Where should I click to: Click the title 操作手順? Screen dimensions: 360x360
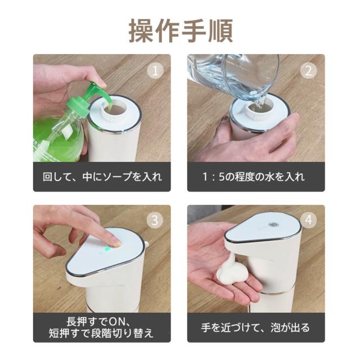coord(181,30)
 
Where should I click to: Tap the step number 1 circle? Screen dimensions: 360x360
coord(155,70)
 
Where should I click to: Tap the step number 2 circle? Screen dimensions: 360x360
coord(309,70)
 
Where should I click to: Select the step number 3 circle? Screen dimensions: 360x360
coord(155,220)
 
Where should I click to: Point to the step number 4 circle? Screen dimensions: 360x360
coord(309,220)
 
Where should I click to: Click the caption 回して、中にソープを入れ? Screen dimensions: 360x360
coord(102,177)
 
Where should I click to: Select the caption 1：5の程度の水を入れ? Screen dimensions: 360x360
coord(254,177)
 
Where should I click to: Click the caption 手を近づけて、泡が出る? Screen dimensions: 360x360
coord(255,327)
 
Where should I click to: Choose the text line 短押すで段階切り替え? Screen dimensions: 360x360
coord(101,334)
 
